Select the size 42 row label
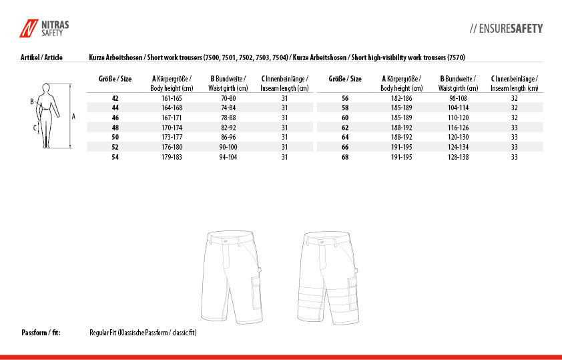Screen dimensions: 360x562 [x=115, y=98]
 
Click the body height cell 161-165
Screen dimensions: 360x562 [x=172, y=98]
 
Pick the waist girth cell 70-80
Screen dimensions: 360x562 [x=228, y=98]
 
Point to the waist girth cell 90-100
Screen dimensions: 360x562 [x=228, y=147]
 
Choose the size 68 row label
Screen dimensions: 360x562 [x=345, y=157]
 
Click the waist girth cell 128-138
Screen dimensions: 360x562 [x=458, y=157]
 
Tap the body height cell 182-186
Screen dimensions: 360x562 [x=402, y=98]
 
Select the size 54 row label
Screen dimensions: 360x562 [x=115, y=157]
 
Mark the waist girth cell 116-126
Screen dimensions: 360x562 [x=458, y=127]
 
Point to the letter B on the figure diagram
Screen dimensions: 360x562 [x=31, y=102]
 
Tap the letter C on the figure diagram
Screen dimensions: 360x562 [x=35, y=126]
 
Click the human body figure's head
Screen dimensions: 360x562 [x=45, y=87]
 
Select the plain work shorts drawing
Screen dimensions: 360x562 [x=232, y=276]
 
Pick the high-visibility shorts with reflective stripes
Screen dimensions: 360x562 [x=327, y=276]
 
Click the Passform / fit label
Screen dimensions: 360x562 [x=41, y=332]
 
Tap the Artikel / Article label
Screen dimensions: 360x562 [x=42, y=57]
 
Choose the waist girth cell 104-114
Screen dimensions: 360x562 [x=458, y=108]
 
